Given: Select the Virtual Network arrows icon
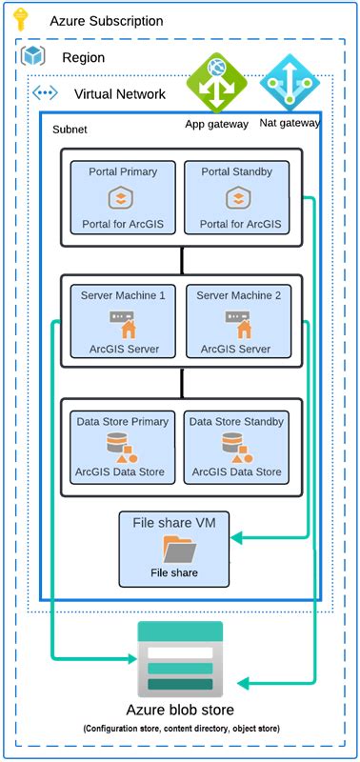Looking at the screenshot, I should (x=46, y=93).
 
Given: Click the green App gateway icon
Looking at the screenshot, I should (x=216, y=84).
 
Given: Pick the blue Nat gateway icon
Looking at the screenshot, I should (x=287, y=84).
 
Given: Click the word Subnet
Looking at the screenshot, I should (x=70, y=128).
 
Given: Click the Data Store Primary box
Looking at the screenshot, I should (x=123, y=446).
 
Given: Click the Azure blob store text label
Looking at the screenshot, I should (x=180, y=711).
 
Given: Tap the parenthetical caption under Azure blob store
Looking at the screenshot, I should (x=180, y=730).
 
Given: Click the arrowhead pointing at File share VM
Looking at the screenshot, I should (x=239, y=540).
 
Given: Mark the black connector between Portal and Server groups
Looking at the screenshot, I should (x=181, y=259).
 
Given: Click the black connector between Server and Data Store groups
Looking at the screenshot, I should (x=181, y=383).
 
